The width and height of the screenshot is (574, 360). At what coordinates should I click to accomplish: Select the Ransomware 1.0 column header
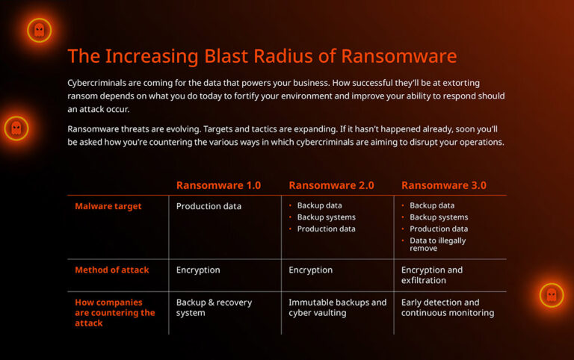tap(218, 185)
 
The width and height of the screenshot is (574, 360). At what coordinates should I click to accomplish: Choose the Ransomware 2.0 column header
tap(331, 185)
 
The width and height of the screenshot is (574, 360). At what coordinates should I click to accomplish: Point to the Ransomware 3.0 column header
tap(444, 185)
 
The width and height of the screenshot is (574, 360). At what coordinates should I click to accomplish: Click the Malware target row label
tap(108, 206)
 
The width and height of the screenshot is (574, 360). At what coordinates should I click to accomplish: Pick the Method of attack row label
tap(112, 270)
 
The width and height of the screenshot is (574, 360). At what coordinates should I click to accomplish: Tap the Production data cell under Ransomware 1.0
tap(209, 206)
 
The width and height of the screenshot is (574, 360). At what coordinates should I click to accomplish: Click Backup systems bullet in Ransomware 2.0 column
tap(326, 217)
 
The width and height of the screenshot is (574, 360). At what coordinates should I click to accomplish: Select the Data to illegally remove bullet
tap(437, 245)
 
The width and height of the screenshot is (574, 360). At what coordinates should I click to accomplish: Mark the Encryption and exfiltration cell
tap(432, 275)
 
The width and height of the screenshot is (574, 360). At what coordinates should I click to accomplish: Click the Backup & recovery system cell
tap(214, 308)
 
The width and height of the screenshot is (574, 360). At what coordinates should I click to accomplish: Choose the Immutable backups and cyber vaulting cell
tap(337, 308)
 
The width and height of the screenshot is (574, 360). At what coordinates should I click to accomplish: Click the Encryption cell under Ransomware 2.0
tap(310, 270)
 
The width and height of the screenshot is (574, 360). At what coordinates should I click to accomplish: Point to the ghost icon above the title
tap(39, 30)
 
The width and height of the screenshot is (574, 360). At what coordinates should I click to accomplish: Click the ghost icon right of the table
tap(551, 295)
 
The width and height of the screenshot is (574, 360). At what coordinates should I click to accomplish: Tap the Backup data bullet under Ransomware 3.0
tap(431, 205)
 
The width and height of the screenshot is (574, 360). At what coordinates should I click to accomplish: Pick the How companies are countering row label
tap(115, 312)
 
